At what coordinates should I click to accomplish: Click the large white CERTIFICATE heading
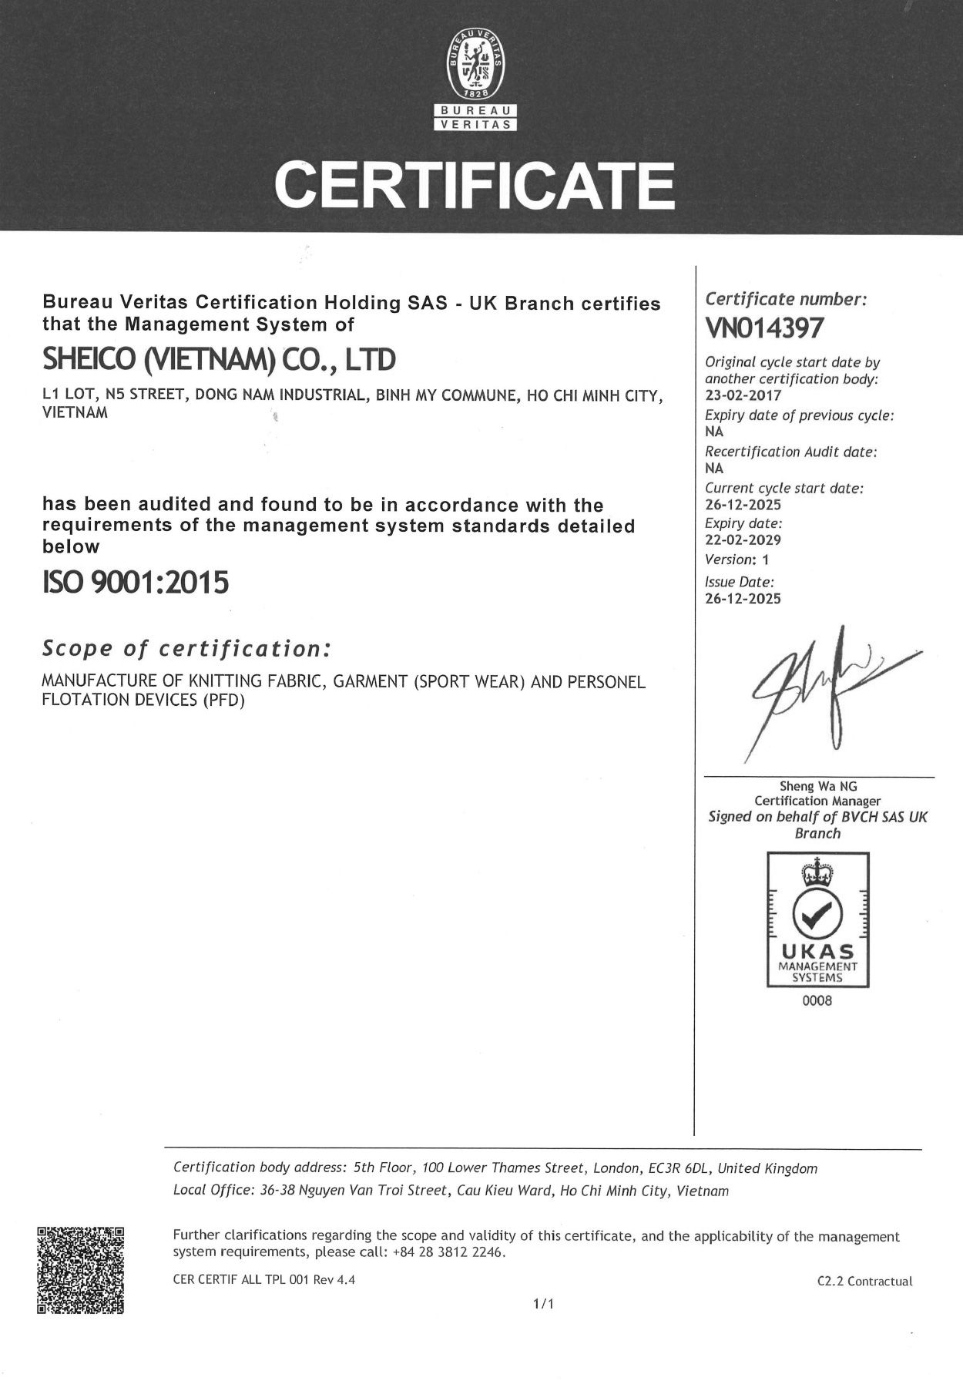point(475,185)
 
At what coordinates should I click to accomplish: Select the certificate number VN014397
point(764,328)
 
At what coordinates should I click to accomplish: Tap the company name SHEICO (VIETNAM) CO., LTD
point(219,359)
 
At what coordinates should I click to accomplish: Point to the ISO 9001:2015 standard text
point(136,582)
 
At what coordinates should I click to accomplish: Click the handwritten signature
point(824,690)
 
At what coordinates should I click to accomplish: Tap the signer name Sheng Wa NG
point(818,787)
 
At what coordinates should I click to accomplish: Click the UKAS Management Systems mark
point(817,919)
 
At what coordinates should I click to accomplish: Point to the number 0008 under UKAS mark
point(817,1001)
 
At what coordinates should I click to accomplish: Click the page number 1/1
point(544,1304)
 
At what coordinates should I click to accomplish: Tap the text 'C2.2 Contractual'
point(864,1281)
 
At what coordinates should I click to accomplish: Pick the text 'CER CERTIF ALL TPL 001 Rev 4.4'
point(264,1280)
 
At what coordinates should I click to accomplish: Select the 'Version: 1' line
point(737,559)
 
